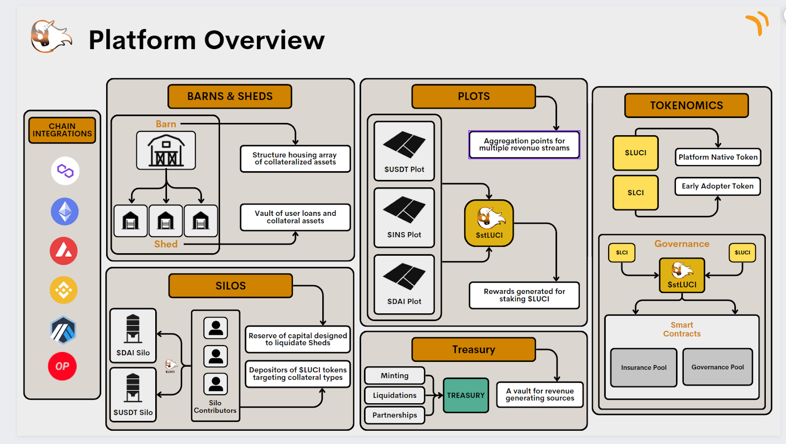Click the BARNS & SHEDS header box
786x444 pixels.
click(x=229, y=96)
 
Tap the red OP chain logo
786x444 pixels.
click(x=62, y=366)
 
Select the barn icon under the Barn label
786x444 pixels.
click(x=166, y=150)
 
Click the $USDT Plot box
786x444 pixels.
click(x=404, y=151)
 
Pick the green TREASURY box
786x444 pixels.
click(x=466, y=395)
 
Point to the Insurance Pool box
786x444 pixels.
click(x=644, y=367)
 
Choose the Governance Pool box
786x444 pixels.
click(x=717, y=367)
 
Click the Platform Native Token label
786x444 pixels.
click(x=718, y=157)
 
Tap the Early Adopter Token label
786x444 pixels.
click(x=717, y=186)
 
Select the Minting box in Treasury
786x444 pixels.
click(x=394, y=376)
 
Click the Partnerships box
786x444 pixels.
click(x=394, y=415)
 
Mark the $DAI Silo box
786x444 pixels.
click(x=133, y=335)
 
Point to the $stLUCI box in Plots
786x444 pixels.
click(x=489, y=223)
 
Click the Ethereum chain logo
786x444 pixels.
click(x=65, y=211)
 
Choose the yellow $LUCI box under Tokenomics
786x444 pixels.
click(x=635, y=153)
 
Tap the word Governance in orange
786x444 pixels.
click(x=681, y=244)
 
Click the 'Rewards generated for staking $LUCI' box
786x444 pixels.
click(x=524, y=296)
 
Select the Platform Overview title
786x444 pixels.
click(x=206, y=40)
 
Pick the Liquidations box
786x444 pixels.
click(x=394, y=395)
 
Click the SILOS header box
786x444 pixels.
click(x=230, y=286)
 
